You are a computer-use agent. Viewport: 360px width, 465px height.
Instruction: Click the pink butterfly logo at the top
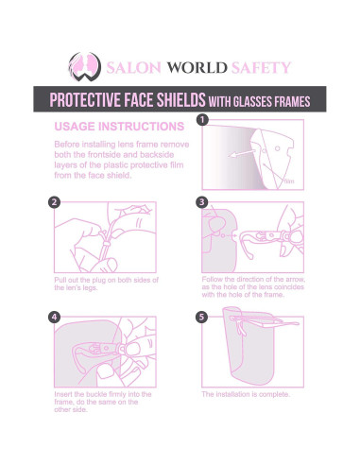[82, 67]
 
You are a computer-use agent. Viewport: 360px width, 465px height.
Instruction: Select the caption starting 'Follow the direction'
[252, 286]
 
